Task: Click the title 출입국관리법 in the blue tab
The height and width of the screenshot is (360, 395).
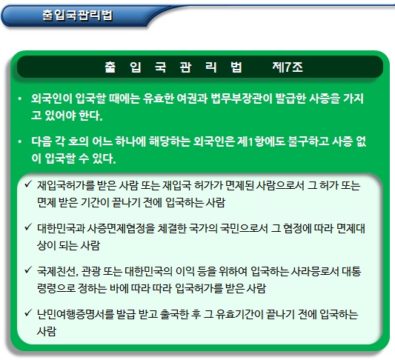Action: pos(77,16)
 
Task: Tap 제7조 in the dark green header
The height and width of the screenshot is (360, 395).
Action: pos(288,67)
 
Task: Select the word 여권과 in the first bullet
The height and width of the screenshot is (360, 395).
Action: pos(192,99)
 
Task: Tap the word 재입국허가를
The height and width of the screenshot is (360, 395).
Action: pos(67,185)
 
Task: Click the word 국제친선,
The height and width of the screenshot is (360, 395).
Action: pos(58,271)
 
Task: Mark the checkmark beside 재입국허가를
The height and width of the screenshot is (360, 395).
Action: pos(28,184)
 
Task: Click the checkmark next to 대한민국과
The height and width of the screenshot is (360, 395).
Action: pos(28,227)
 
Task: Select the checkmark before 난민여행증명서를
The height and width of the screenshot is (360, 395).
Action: pos(28,313)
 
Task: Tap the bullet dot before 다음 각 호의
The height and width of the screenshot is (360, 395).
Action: pos(20,141)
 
